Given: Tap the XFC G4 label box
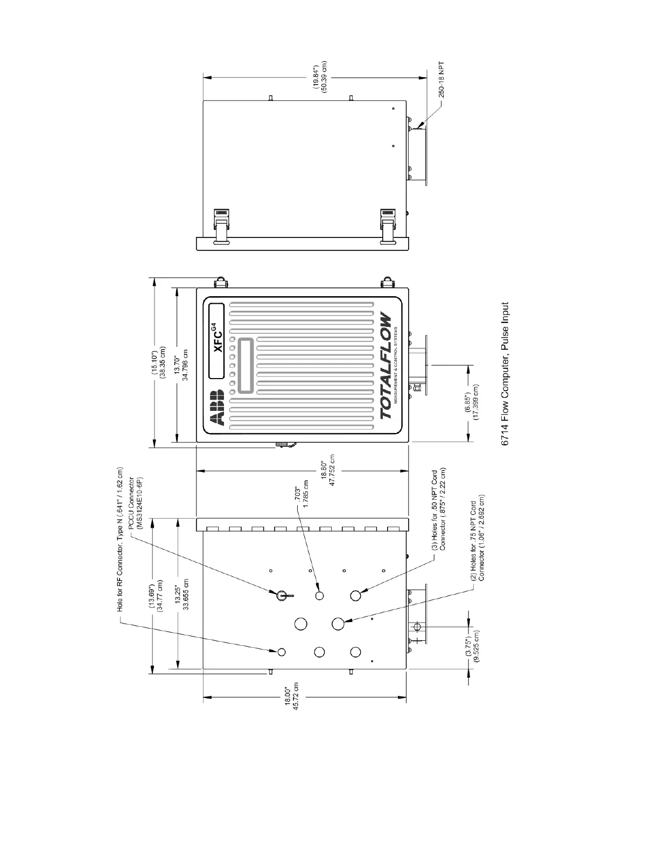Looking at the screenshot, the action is click(216, 341).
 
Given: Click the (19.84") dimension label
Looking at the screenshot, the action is click(320, 76).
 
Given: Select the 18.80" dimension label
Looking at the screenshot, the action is click(328, 473).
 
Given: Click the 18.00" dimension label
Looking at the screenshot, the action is click(291, 698).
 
